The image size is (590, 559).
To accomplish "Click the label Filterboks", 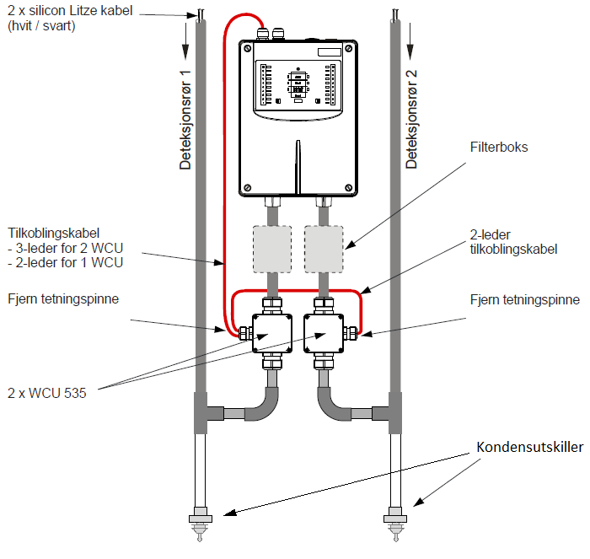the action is tap(499, 147).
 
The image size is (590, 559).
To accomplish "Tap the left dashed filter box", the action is tap(272, 249).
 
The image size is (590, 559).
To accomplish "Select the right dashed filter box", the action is tap(324, 249).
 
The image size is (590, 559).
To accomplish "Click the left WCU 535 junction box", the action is tap(272, 333).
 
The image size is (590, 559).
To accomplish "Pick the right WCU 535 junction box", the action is tap(324, 333).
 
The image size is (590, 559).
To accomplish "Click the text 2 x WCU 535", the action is tap(47, 393).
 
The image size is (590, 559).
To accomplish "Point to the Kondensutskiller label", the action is tap(530, 447).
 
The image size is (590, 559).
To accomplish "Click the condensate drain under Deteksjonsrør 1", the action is tap(201, 524).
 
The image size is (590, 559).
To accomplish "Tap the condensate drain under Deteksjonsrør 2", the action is tap(395, 524).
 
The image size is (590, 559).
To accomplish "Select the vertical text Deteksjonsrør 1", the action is tap(185, 120).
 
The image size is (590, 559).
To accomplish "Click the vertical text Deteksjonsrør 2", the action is tap(411, 119).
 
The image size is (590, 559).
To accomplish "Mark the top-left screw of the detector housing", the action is tap(248, 48).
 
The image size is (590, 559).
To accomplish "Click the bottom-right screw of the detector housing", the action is tap(348, 187).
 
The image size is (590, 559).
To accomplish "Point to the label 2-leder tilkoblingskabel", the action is tap(513, 242).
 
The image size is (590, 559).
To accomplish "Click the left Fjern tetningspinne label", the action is tap(63, 298).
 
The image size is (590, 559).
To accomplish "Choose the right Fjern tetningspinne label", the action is tap(525, 299).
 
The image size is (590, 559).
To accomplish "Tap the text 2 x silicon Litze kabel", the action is tap(70, 10).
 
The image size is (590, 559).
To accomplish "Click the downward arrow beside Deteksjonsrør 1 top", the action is tap(185, 41).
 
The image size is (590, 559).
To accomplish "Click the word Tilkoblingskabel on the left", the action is tap(53, 233).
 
